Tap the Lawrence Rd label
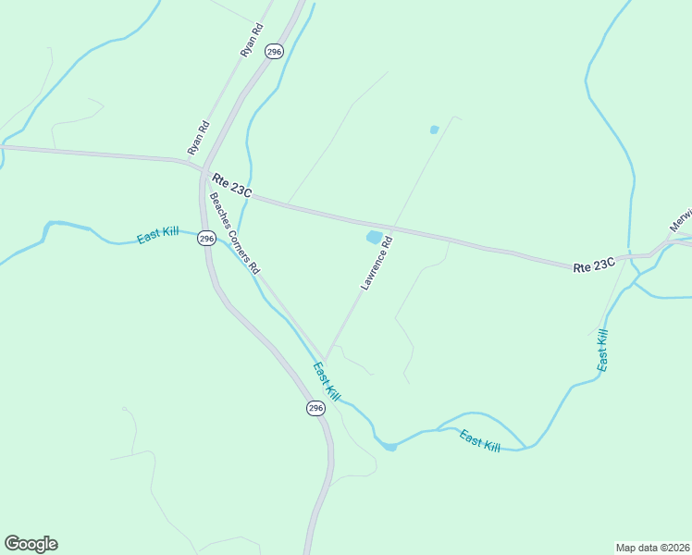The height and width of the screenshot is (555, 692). [x=377, y=264]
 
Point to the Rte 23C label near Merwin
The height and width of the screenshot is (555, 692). [x=594, y=265]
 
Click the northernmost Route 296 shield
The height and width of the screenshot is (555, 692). [x=273, y=52]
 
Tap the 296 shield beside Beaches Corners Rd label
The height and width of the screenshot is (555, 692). [x=206, y=238]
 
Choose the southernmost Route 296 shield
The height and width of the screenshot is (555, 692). [x=315, y=408]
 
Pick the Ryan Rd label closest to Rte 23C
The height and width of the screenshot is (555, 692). [x=198, y=138]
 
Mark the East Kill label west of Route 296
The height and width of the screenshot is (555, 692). [x=157, y=235]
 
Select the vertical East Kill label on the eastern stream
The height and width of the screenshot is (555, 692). [x=602, y=350]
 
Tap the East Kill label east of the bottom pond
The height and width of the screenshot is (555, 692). [x=479, y=442]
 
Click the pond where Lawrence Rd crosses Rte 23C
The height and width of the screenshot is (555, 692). [x=374, y=238]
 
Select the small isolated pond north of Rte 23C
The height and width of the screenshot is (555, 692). [x=434, y=129]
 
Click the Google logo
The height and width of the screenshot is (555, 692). [x=31, y=544]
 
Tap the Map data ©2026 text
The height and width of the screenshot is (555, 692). [x=652, y=547]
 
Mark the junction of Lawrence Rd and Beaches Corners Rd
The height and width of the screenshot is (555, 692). [x=325, y=360]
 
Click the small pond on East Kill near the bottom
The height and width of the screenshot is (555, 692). [x=390, y=447]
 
